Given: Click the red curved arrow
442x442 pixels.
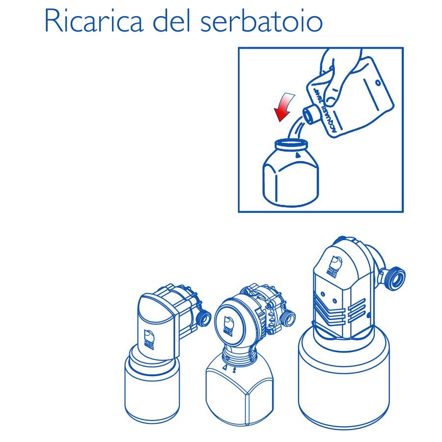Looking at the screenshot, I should pyautogui.click(x=284, y=107).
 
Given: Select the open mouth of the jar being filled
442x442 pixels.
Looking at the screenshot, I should pyautogui.click(x=291, y=144).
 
